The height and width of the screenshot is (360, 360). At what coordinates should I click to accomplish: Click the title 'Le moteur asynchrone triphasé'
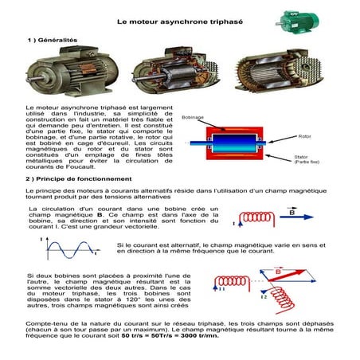coord(180,25)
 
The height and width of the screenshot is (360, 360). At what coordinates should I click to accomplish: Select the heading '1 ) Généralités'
coord(53,39)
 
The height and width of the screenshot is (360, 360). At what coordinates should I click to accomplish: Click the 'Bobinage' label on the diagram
coord(194,117)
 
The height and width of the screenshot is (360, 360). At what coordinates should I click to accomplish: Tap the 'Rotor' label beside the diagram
coord(303,137)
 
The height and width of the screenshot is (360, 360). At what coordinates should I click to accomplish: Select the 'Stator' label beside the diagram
coord(303,156)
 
